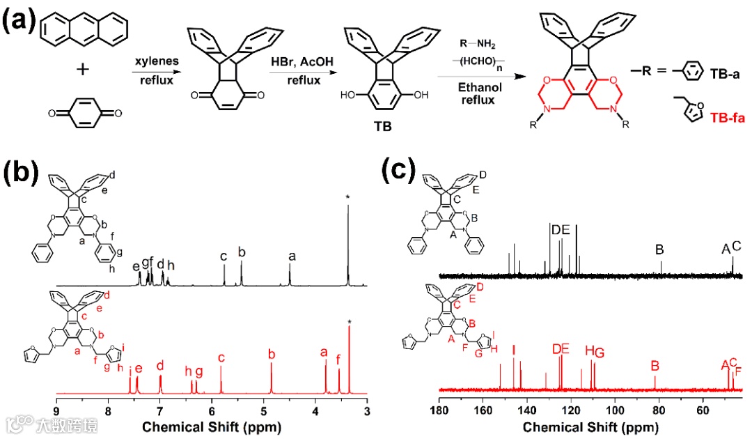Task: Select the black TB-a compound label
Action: click(725, 72)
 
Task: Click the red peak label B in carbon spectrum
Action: click(655, 365)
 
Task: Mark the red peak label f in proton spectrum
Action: click(339, 360)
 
